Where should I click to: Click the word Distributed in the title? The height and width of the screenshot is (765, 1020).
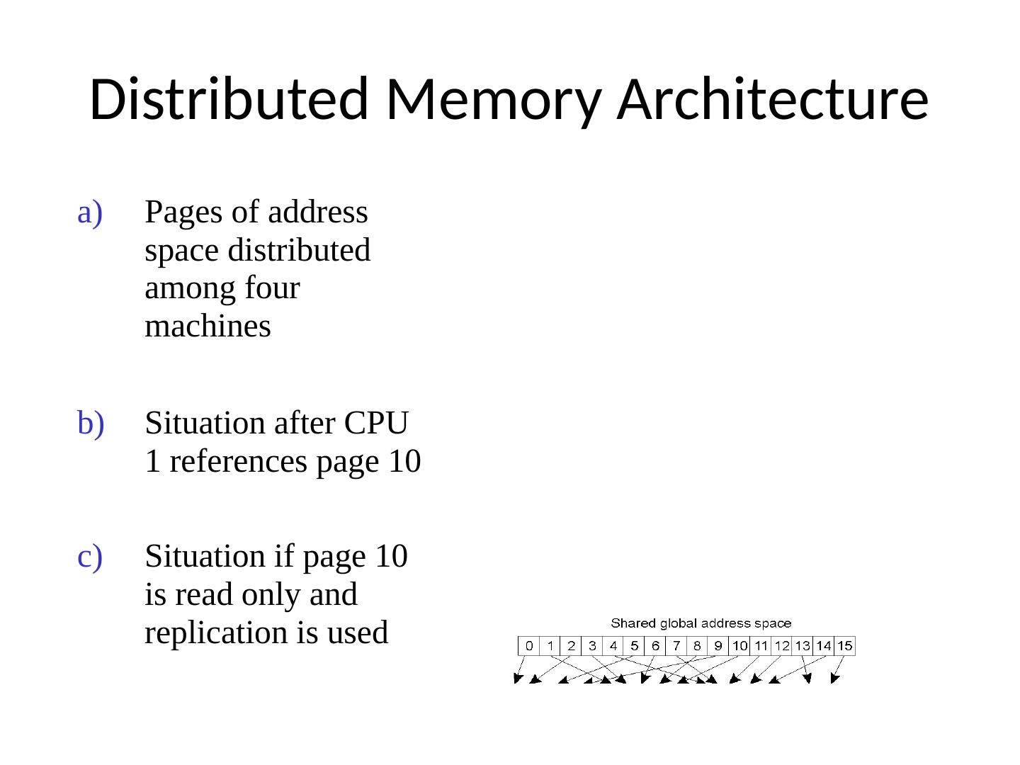point(229,98)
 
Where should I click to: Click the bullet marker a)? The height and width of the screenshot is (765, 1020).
point(90,212)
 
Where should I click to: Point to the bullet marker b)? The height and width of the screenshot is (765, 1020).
point(90,424)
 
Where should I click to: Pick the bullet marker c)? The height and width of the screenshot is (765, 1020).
point(90,557)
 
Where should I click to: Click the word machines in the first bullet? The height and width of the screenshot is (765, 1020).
point(208,327)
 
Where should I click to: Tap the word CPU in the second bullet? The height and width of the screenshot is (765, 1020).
point(375,424)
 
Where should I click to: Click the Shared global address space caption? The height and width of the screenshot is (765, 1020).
point(701,624)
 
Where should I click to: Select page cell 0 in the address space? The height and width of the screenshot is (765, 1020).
point(529,646)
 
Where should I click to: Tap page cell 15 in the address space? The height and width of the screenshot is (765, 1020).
point(844,646)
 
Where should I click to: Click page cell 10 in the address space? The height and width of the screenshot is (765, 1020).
point(739,646)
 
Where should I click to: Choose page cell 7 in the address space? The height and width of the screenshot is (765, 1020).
point(676,646)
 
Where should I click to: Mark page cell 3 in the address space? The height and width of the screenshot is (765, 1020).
point(592,646)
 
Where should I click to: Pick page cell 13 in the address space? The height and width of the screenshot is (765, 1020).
point(803,646)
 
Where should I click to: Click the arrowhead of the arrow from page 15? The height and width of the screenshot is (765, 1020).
point(834,680)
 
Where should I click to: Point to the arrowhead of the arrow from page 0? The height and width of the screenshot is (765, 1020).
point(517,680)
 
